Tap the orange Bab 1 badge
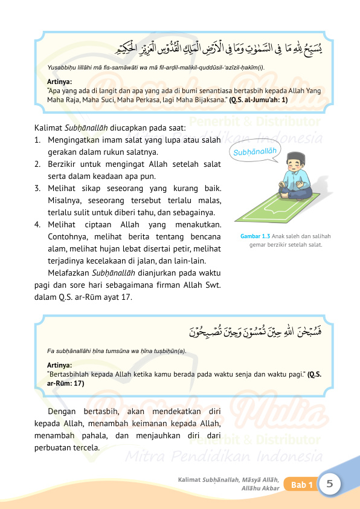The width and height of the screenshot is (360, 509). pyautogui.click(x=302, y=485)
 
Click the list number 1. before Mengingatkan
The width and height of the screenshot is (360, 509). pyautogui.click(x=37, y=140)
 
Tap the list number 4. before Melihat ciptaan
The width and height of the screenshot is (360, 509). pyautogui.click(x=37, y=225)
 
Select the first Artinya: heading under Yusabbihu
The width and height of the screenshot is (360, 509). pyautogui.click(x=59, y=80)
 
